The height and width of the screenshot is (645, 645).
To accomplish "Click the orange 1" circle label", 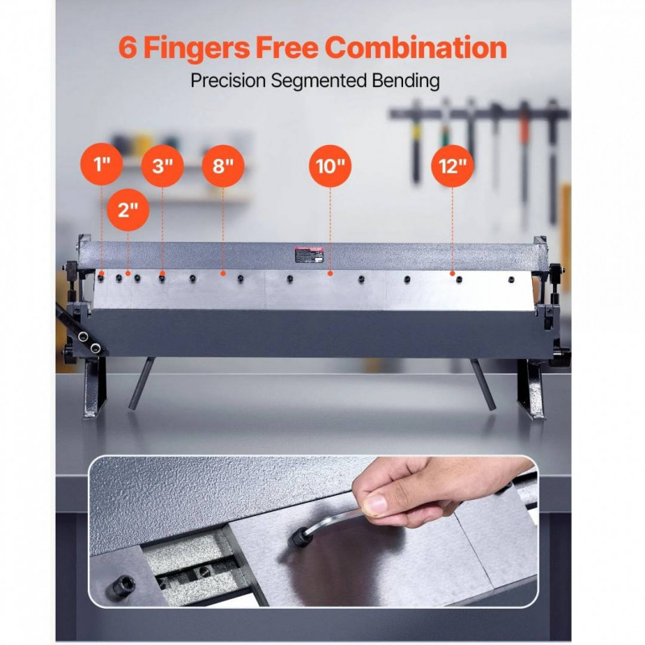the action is [102, 164].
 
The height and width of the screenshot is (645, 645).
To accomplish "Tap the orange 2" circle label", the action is [128, 210].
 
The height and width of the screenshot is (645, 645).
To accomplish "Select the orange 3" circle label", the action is [163, 166].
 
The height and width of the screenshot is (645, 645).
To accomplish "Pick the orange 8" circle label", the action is [223, 166].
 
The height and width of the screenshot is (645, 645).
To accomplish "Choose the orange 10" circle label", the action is [331, 166].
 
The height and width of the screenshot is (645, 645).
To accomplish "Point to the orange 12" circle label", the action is [452, 166].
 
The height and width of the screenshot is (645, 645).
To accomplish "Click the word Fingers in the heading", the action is [196, 48].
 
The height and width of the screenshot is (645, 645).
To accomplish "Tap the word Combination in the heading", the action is [416, 48].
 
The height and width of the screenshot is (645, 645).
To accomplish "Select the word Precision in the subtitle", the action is [228, 81].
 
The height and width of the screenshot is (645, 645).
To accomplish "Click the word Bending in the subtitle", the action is [406, 81].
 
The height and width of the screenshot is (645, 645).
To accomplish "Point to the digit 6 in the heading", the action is [127, 48].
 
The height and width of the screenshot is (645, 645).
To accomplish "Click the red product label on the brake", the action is [309, 255].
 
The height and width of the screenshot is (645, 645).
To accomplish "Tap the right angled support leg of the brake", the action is [483, 385].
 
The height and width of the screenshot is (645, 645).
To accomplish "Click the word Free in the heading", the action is [287, 48].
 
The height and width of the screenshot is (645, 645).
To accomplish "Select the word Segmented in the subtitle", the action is [318, 81].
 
